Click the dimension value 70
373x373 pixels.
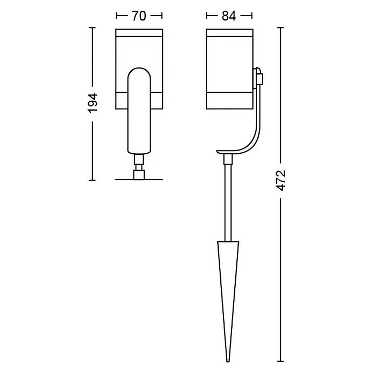[x=139, y=16]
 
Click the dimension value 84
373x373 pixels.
[x=229, y=16]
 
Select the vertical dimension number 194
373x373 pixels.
[x=93, y=103]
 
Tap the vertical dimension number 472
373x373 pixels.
[x=281, y=181]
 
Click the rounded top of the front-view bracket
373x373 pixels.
[x=139, y=68]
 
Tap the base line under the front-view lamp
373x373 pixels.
[x=139, y=180]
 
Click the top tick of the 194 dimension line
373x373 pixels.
[x=92, y=28]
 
